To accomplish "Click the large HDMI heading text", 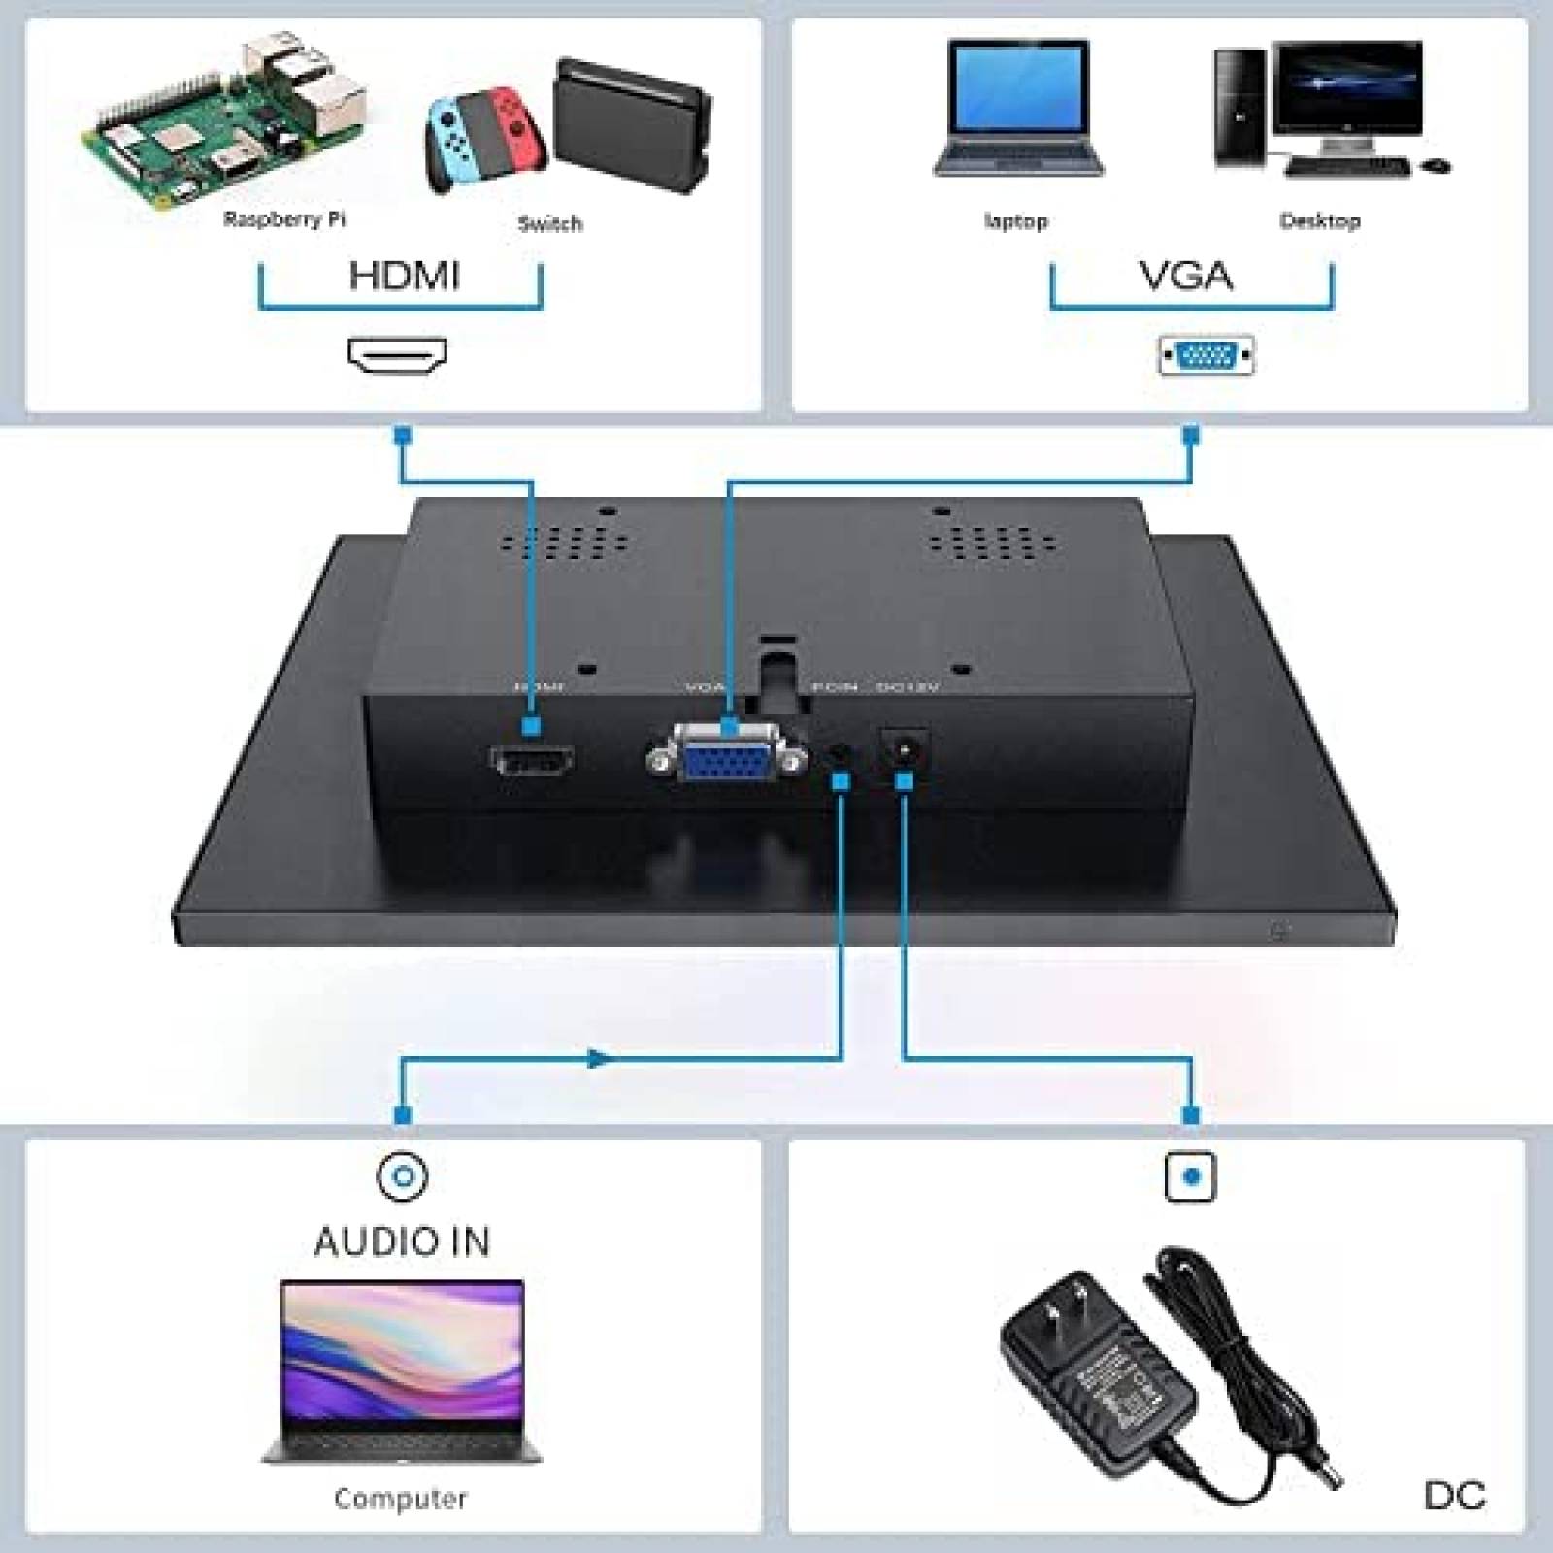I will click(404, 276).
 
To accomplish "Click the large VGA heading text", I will click(1186, 277).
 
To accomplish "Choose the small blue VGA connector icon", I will click(1206, 356).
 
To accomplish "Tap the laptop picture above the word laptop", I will click(1017, 109).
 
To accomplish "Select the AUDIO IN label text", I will click(402, 1242).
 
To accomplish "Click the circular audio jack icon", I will click(402, 1176).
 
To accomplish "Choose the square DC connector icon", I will click(1190, 1176).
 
